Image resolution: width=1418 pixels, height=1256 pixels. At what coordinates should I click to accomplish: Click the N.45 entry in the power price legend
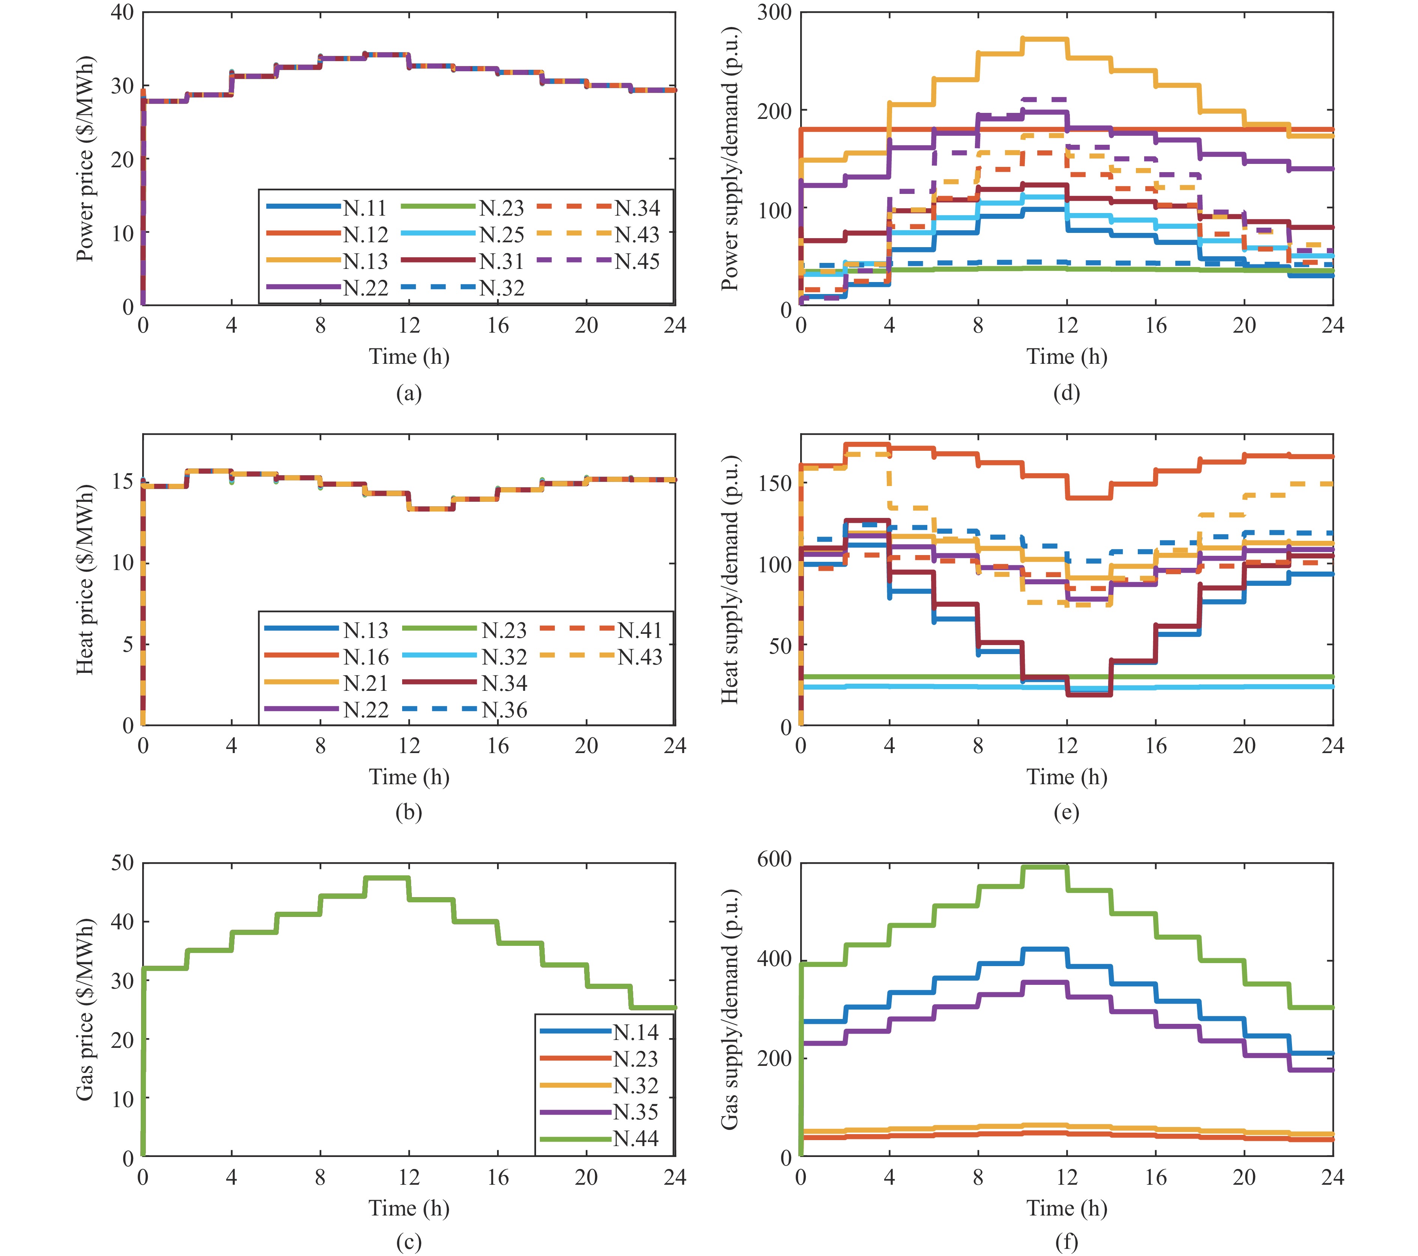pyautogui.click(x=637, y=261)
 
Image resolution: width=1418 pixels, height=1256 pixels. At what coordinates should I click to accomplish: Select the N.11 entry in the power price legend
pyautogui.click(x=364, y=208)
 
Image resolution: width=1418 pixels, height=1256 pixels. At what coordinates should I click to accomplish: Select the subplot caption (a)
pyautogui.click(x=409, y=393)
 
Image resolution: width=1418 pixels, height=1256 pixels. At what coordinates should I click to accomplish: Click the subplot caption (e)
pyautogui.click(x=1066, y=812)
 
